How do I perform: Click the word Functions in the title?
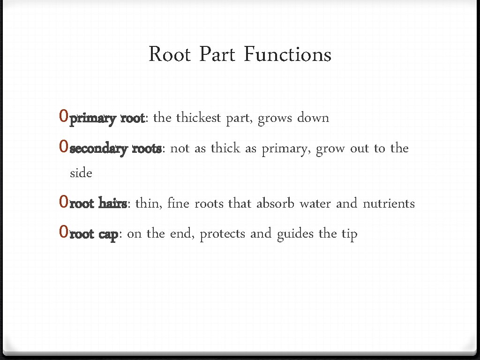[287, 54]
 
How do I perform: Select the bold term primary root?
[107, 118]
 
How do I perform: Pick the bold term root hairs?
[98, 204]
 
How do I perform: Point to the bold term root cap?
[93, 234]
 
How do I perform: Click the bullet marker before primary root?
[64, 117]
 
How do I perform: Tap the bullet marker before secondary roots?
[64, 148]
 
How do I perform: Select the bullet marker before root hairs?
[64, 202]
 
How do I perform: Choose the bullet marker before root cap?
[64, 232]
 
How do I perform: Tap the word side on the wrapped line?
[81, 173]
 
